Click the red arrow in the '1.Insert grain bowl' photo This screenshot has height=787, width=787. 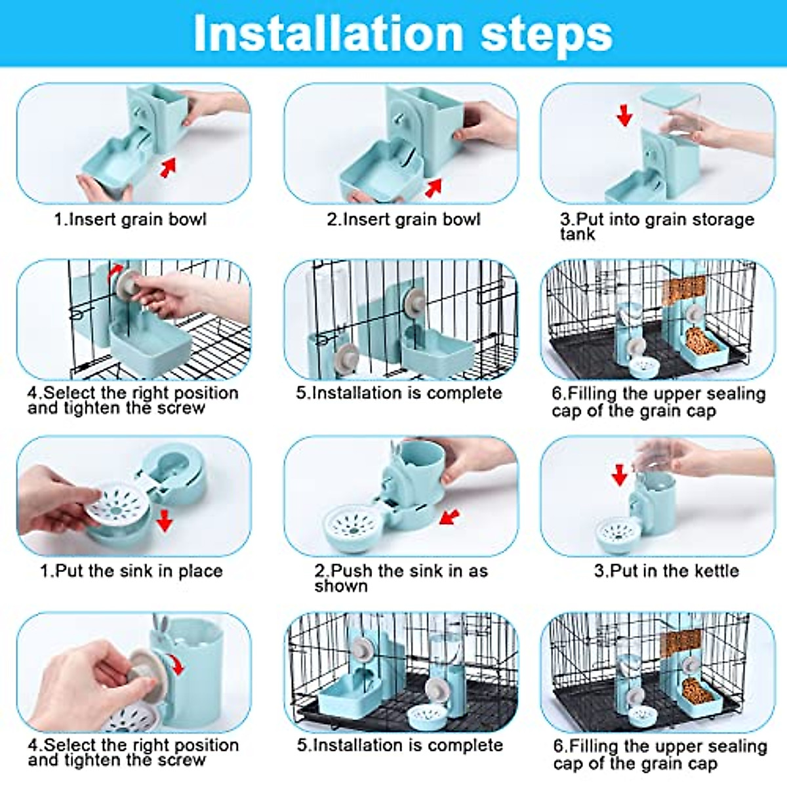click(169, 167)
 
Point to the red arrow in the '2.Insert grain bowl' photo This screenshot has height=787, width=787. click(433, 188)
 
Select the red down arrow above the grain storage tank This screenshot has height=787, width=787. click(624, 115)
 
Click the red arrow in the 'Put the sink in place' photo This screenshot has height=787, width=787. click(165, 521)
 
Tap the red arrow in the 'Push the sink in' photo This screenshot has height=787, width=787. click(449, 517)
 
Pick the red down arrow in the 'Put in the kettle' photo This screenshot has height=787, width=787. click(619, 474)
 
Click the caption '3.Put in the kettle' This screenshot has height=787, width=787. click(666, 571)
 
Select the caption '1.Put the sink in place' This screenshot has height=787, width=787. click(131, 571)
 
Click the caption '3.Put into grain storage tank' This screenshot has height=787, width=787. click(656, 226)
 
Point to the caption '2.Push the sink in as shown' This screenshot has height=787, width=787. click(401, 578)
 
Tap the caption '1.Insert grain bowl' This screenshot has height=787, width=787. click(130, 219)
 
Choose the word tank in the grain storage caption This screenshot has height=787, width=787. click(577, 234)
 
